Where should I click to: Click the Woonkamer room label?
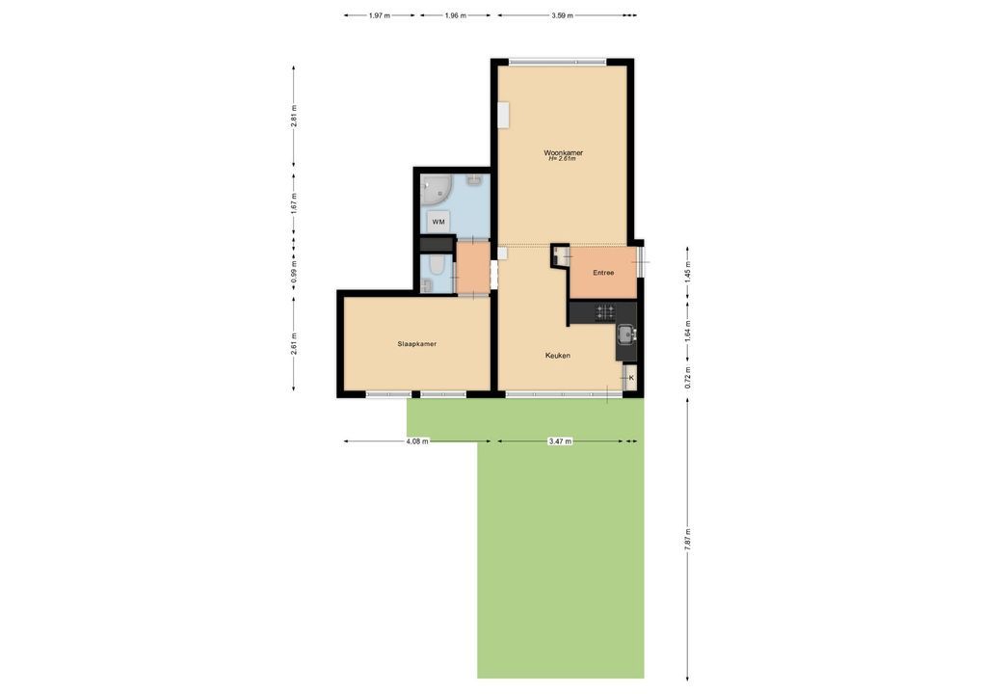(563, 152)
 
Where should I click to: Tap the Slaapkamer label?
(416, 344)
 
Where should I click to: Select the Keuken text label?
(557, 356)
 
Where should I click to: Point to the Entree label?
(603, 273)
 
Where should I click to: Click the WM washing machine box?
(437, 222)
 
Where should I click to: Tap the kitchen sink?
(625, 334)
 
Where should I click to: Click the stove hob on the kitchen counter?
(605, 311)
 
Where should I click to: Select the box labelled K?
(630, 377)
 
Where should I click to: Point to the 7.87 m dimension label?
(688, 540)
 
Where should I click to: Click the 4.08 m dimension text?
(417, 441)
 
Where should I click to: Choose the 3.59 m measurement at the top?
(562, 15)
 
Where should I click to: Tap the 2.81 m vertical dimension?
(294, 117)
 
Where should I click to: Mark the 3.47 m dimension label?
(560, 441)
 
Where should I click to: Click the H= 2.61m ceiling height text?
(562, 159)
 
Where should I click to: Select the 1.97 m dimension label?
(379, 15)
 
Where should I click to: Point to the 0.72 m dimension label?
(688, 377)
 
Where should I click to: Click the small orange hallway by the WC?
(472, 267)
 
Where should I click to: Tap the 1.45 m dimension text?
(688, 274)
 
